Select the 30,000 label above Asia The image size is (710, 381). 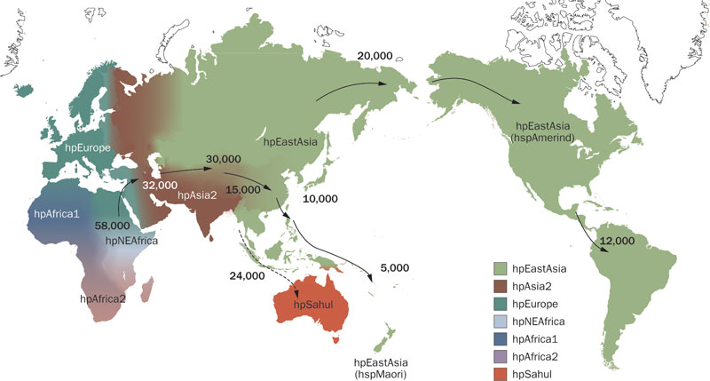pos(222,159)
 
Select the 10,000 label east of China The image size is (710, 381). pos(320,200)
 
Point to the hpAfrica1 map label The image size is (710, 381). pos(57,213)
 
